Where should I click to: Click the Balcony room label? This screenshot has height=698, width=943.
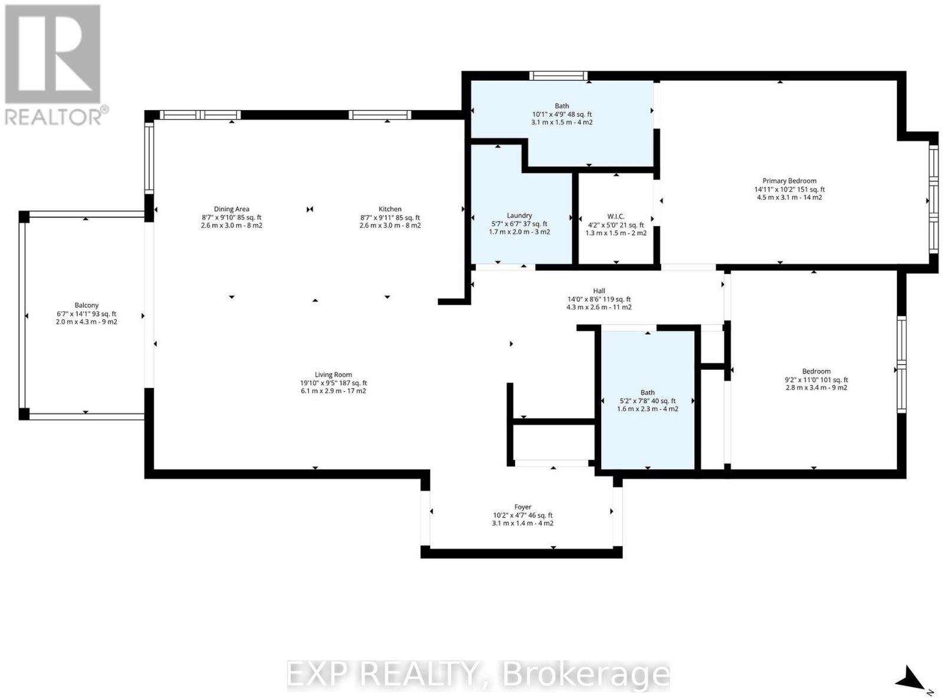(x=87, y=305)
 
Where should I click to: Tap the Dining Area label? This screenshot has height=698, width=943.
(x=232, y=209)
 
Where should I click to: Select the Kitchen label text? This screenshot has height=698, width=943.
(x=390, y=209)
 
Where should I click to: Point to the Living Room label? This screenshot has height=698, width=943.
(x=334, y=375)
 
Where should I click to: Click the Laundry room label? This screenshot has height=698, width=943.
(x=519, y=216)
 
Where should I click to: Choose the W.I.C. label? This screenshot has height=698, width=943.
(x=616, y=217)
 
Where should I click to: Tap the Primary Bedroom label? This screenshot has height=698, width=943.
(x=790, y=181)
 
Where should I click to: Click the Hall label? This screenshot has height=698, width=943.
(x=599, y=291)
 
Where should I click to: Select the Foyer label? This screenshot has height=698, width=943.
(x=523, y=507)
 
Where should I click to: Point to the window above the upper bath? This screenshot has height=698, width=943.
(x=558, y=75)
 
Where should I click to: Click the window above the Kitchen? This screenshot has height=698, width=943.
(x=380, y=115)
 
